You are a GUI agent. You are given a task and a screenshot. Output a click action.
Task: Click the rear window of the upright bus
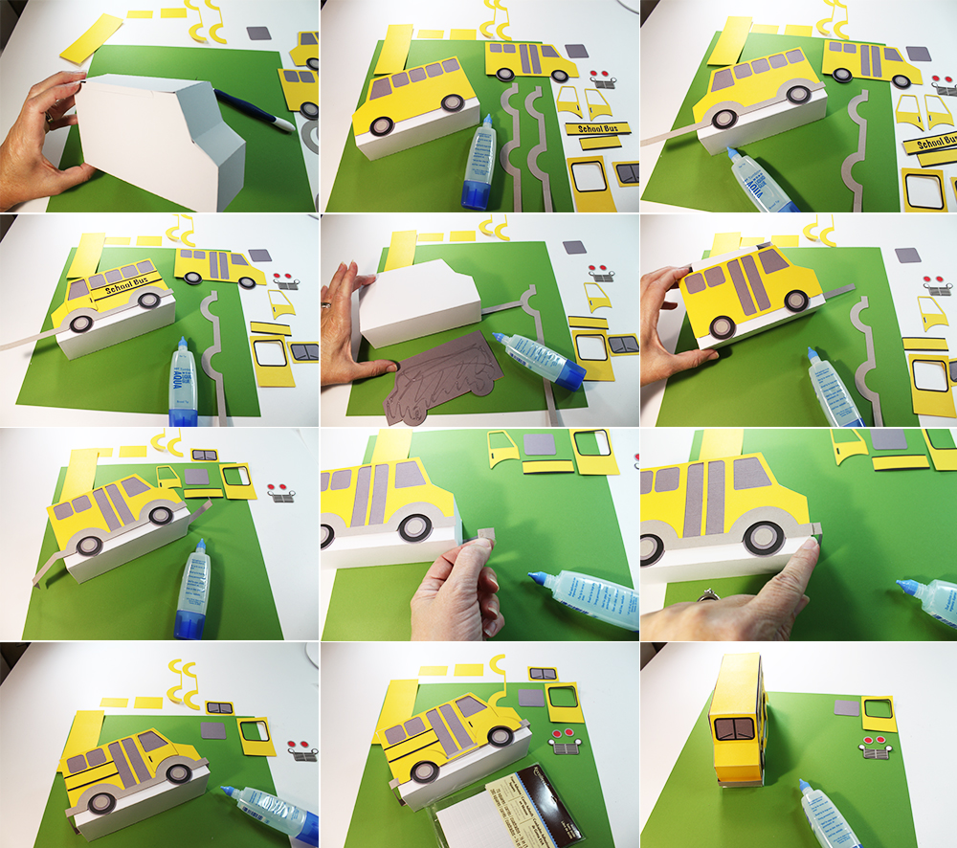737,727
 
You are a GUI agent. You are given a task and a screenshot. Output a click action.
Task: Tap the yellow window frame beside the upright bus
879,713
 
